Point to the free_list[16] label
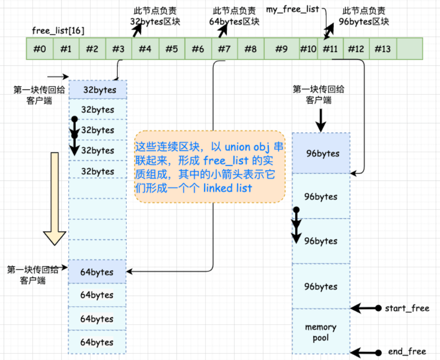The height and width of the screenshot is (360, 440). pyautogui.click(x=58, y=30)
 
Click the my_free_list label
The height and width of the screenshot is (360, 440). pyautogui.click(x=293, y=9)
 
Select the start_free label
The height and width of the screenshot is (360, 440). pyautogui.click(x=407, y=308)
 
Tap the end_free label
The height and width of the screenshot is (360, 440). pyautogui.click(x=407, y=352)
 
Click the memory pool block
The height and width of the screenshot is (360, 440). pyautogui.click(x=321, y=332)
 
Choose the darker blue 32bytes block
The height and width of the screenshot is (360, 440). pyautogui.click(x=98, y=90)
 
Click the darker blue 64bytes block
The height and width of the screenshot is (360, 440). pyautogui.click(x=97, y=272)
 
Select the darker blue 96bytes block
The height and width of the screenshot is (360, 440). pyautogui.click(x=321, y=153)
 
